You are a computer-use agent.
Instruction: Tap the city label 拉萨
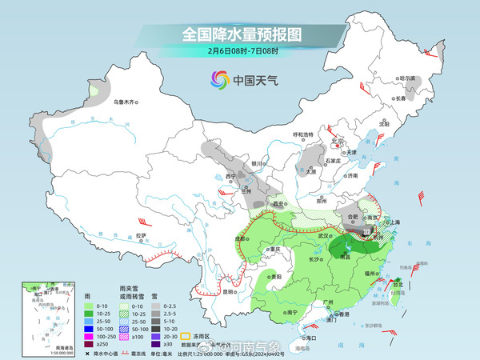[x=141, y=235]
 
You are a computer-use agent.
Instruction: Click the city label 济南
[x=351, y=175]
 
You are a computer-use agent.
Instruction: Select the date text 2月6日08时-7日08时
[x=241, y=51]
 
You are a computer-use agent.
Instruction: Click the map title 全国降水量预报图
[x=240, y=34]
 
